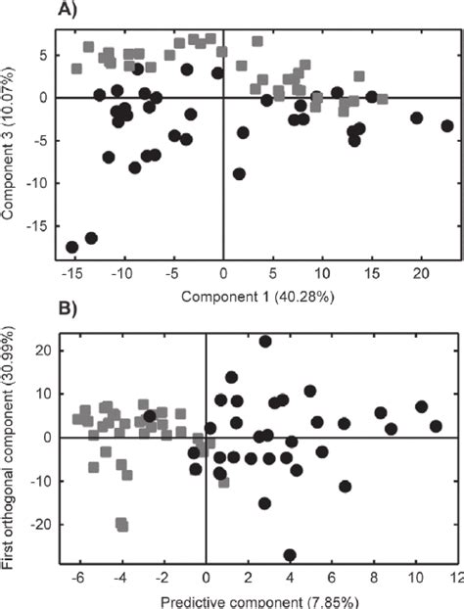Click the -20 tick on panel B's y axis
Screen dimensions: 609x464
coord(42,524)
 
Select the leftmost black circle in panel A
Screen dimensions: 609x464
coord(71,247)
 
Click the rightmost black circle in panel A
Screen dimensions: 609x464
coord(447,125)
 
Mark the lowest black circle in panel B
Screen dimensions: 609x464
coord(290,555)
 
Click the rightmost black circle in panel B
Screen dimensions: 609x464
coord(437,426)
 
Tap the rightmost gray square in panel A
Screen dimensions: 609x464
coord(382,98)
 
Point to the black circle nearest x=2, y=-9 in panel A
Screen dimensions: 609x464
coord(239,173)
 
